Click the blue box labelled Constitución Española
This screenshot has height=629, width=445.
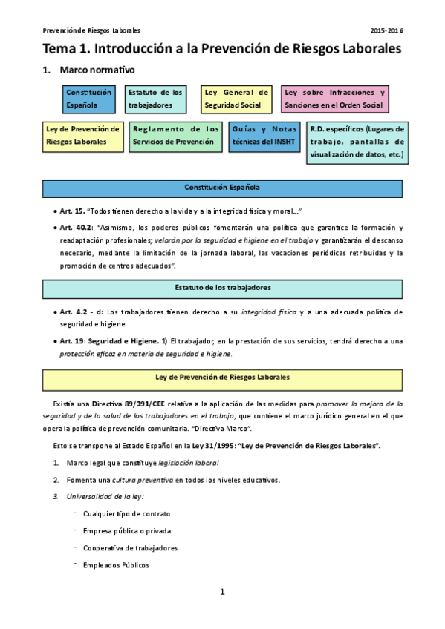[89, 99]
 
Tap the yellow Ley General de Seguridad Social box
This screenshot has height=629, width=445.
[237, 99]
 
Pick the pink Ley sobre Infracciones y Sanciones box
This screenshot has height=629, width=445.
[335, 99]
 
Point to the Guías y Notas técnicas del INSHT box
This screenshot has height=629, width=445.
[264, 135]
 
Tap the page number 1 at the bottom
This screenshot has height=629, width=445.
[222, 591]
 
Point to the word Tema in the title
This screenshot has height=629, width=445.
[60, 48]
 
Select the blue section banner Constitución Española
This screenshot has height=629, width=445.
[222, 188]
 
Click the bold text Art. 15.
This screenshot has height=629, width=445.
[73, 211]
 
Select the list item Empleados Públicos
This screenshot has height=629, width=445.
[116, 565]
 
